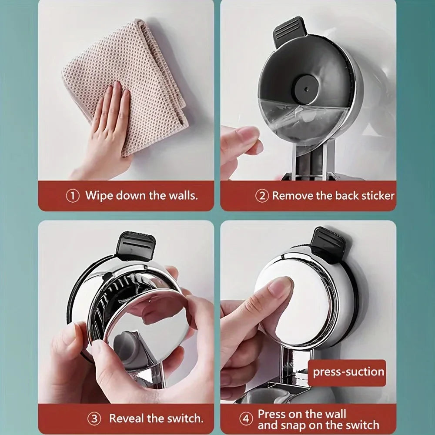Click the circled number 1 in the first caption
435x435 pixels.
click(73, 196)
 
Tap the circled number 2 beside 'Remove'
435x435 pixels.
click(262, 196)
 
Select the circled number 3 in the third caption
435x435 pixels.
click(94, 419)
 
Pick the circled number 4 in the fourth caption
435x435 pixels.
click(246, 419)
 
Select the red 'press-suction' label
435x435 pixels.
click(348, 372)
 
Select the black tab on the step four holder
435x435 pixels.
click(328, 244)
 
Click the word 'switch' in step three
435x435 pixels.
click(186, 418)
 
